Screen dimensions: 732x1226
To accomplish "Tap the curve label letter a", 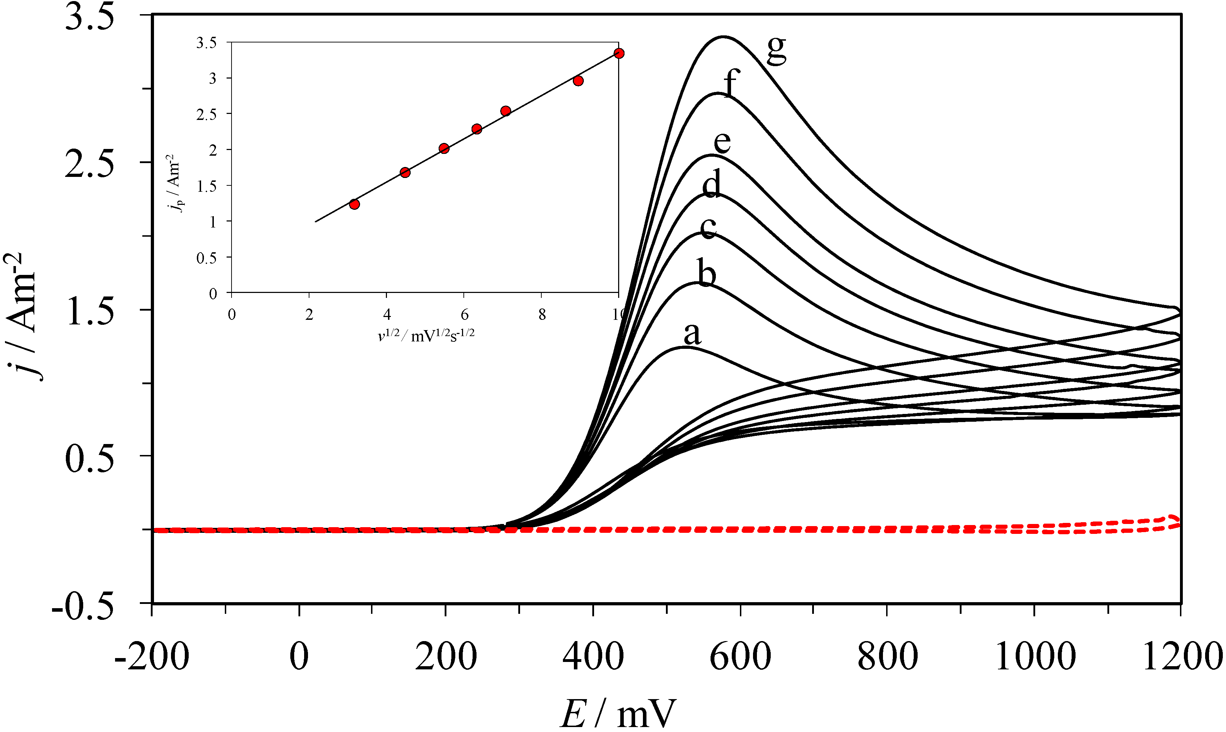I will click(692, 334).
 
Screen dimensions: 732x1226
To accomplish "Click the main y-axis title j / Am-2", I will click(22, 316).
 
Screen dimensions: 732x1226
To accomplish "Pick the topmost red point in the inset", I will click(619, 53).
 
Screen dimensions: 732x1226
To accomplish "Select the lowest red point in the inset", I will click(354, 204).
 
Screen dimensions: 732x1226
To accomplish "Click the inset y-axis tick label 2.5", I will click(206, 114).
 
